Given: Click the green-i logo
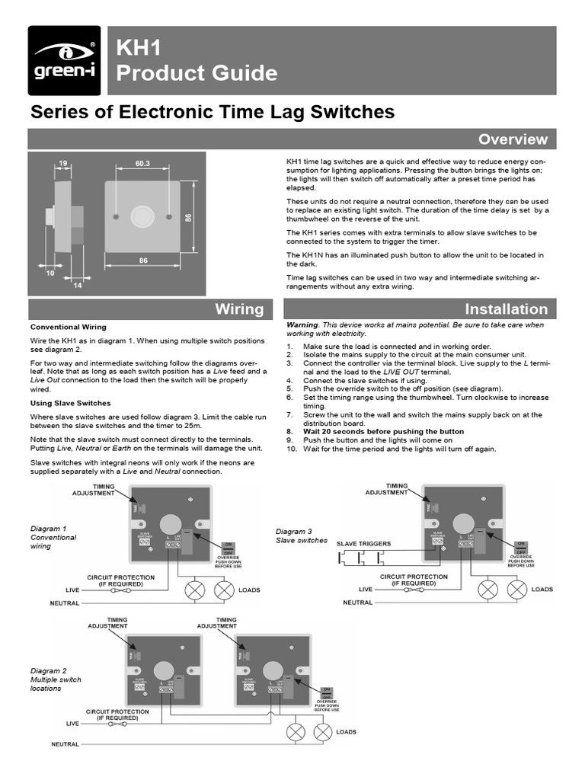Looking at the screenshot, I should coord(64,61).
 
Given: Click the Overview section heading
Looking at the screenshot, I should coord(512,139).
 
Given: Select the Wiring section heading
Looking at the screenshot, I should coord(239,308).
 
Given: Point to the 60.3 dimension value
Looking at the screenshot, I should coord(143,163).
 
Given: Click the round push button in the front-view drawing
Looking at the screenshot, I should coord(142,217).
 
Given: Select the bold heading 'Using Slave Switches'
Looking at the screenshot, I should coord(70,402).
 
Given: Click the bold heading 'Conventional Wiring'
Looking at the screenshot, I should coord(68,327).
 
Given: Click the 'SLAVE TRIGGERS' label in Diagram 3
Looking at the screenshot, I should coord(363,543).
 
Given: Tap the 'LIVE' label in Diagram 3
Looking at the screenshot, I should coord(366,590).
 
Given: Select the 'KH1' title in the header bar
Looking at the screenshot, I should coord(138,50).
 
